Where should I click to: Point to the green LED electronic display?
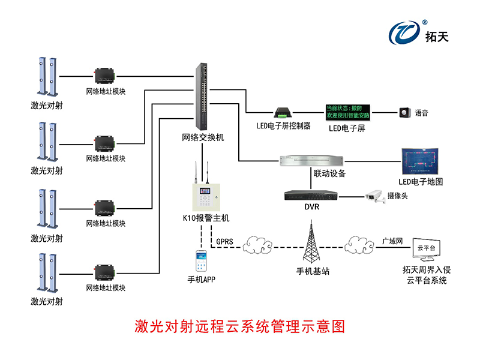pos(348,111)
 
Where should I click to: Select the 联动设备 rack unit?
pos(312,160)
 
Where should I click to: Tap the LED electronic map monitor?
pos(421,161)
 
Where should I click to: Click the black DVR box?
pos(311,195)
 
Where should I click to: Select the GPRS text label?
pos(225,242)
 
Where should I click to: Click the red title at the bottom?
pos(239,327)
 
